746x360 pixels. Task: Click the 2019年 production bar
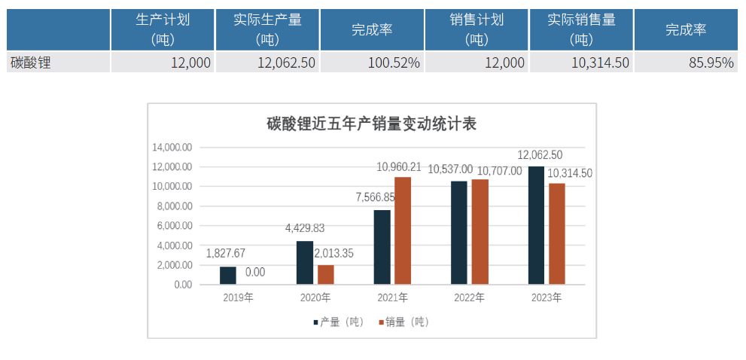pyautogui.click(x=227, y=276)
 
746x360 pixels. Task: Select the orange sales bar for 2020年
pyautogui.click(x=325, y=275)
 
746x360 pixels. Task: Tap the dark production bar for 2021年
pyautogui.click(x=382, y=247)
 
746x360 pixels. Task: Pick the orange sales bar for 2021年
pyautogui.click(x=403, y=230)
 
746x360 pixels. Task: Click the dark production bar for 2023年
pyautogui.click(x=536, y=225)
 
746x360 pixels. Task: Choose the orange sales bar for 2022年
pyautogui.click(x=480, y=232)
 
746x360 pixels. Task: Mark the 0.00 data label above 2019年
pyautogui.click(x=255, y=273)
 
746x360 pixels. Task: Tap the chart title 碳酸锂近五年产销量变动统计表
pyautogui.click(x=372, y=124)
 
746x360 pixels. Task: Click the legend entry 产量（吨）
pyautogui.click(x=338, y=322)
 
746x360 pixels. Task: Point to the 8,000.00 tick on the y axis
pyautogui.click(x=172, y=206)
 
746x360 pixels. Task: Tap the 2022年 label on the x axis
pyautogui.click(x=469, y=297)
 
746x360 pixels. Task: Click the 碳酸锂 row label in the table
pyautogui.click(x=31, y=63)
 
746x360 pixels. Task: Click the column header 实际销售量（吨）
pyautogui.click(x=581, y=29)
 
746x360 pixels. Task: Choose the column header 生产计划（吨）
pyautogui.click(x=163, y=29)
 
